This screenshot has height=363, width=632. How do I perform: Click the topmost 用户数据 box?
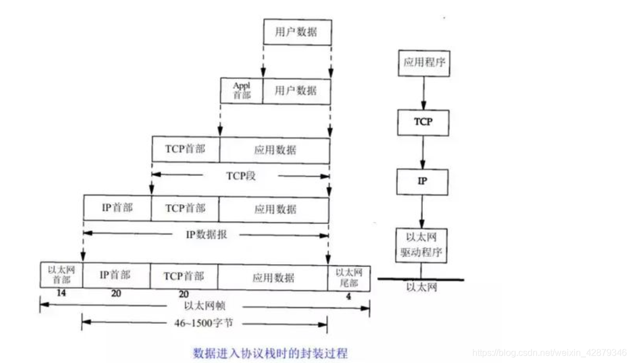tap(297, 32)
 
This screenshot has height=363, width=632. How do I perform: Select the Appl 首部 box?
tap(242, 90)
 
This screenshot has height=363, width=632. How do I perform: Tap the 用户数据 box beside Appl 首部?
tap(296, 90)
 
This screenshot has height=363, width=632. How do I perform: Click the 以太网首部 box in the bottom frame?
tap(61, 275)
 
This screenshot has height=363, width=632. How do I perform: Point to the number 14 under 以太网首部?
tap(61, 295)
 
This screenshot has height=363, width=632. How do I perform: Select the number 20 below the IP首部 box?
tap(115, 295)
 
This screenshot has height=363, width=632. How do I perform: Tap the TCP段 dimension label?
tap(241, 176)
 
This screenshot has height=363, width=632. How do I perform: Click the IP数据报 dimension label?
tap(206, 234)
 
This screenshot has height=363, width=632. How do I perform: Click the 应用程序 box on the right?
tap(423, 62)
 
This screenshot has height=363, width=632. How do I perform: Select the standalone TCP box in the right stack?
tap(423, 121)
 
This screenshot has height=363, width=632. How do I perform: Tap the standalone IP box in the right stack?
tap(422, 182)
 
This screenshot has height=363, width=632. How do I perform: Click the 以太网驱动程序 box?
tap(422, 245)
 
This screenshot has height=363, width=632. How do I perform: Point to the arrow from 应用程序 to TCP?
tap(423, 92)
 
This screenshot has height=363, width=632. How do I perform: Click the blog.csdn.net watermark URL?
tap(550, 353)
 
